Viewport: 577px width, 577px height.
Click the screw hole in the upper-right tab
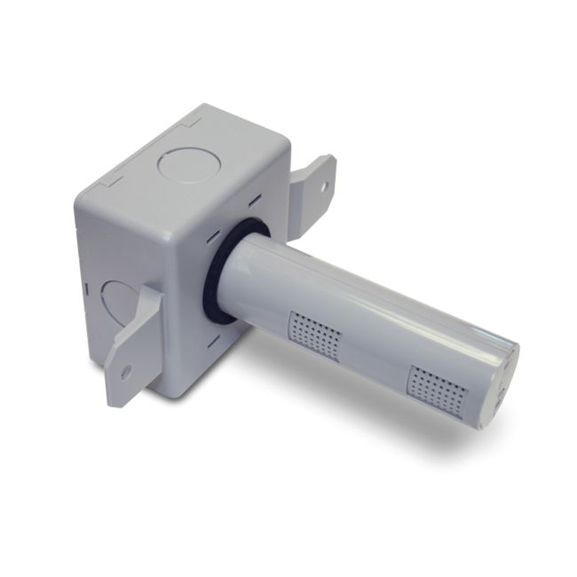point(324,187)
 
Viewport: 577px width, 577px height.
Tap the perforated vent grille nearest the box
point(315,334)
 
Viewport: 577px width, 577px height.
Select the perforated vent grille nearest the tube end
point(435,389)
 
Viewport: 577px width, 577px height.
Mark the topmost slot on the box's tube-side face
point(252,199)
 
